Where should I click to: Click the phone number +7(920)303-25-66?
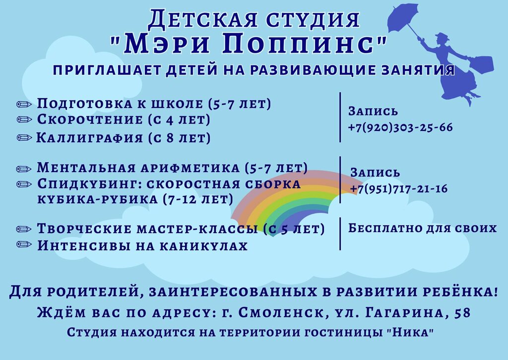(x=400, y=127)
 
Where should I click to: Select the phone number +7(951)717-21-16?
(x=398, y=189)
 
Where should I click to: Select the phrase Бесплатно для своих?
(x=422, y=229)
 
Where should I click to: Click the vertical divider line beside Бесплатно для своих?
(x=340, y=234)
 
